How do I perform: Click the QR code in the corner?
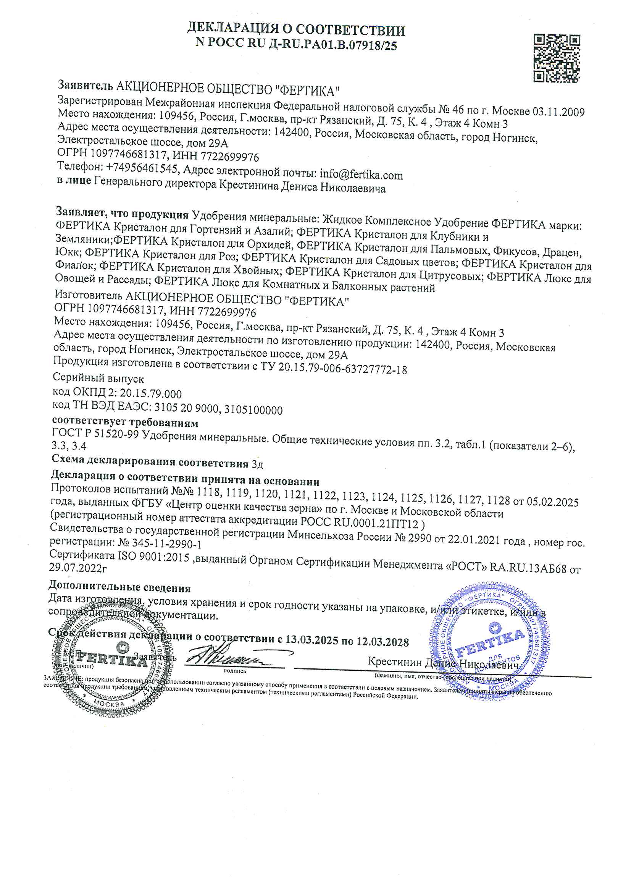pos(556,58)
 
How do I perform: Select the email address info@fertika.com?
pos(361,175)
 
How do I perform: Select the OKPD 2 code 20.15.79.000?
pos(150,394)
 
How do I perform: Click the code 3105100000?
pos(253,410)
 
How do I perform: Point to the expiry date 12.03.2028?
pos(382,642)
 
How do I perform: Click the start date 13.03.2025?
pos(311,640)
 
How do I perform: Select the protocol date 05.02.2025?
pos(552,502)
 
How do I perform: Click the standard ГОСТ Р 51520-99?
pos(95,433)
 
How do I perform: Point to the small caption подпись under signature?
pos(234,671)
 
